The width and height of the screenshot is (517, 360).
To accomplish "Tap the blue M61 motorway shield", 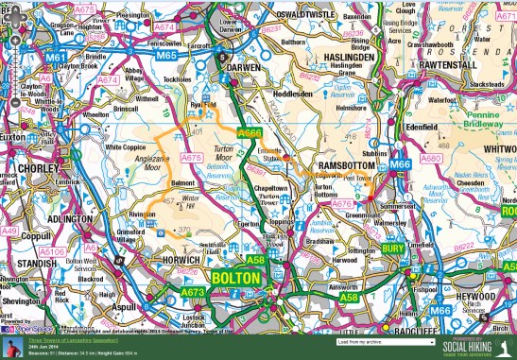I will tap(55, 57).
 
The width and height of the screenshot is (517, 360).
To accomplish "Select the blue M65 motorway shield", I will tap(166, 56).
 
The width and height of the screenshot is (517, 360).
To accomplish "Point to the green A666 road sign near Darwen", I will tap(250, 133).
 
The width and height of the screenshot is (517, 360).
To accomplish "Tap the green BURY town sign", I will tap(393, 249).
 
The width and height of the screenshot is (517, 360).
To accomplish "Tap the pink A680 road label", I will tap(430, 159).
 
